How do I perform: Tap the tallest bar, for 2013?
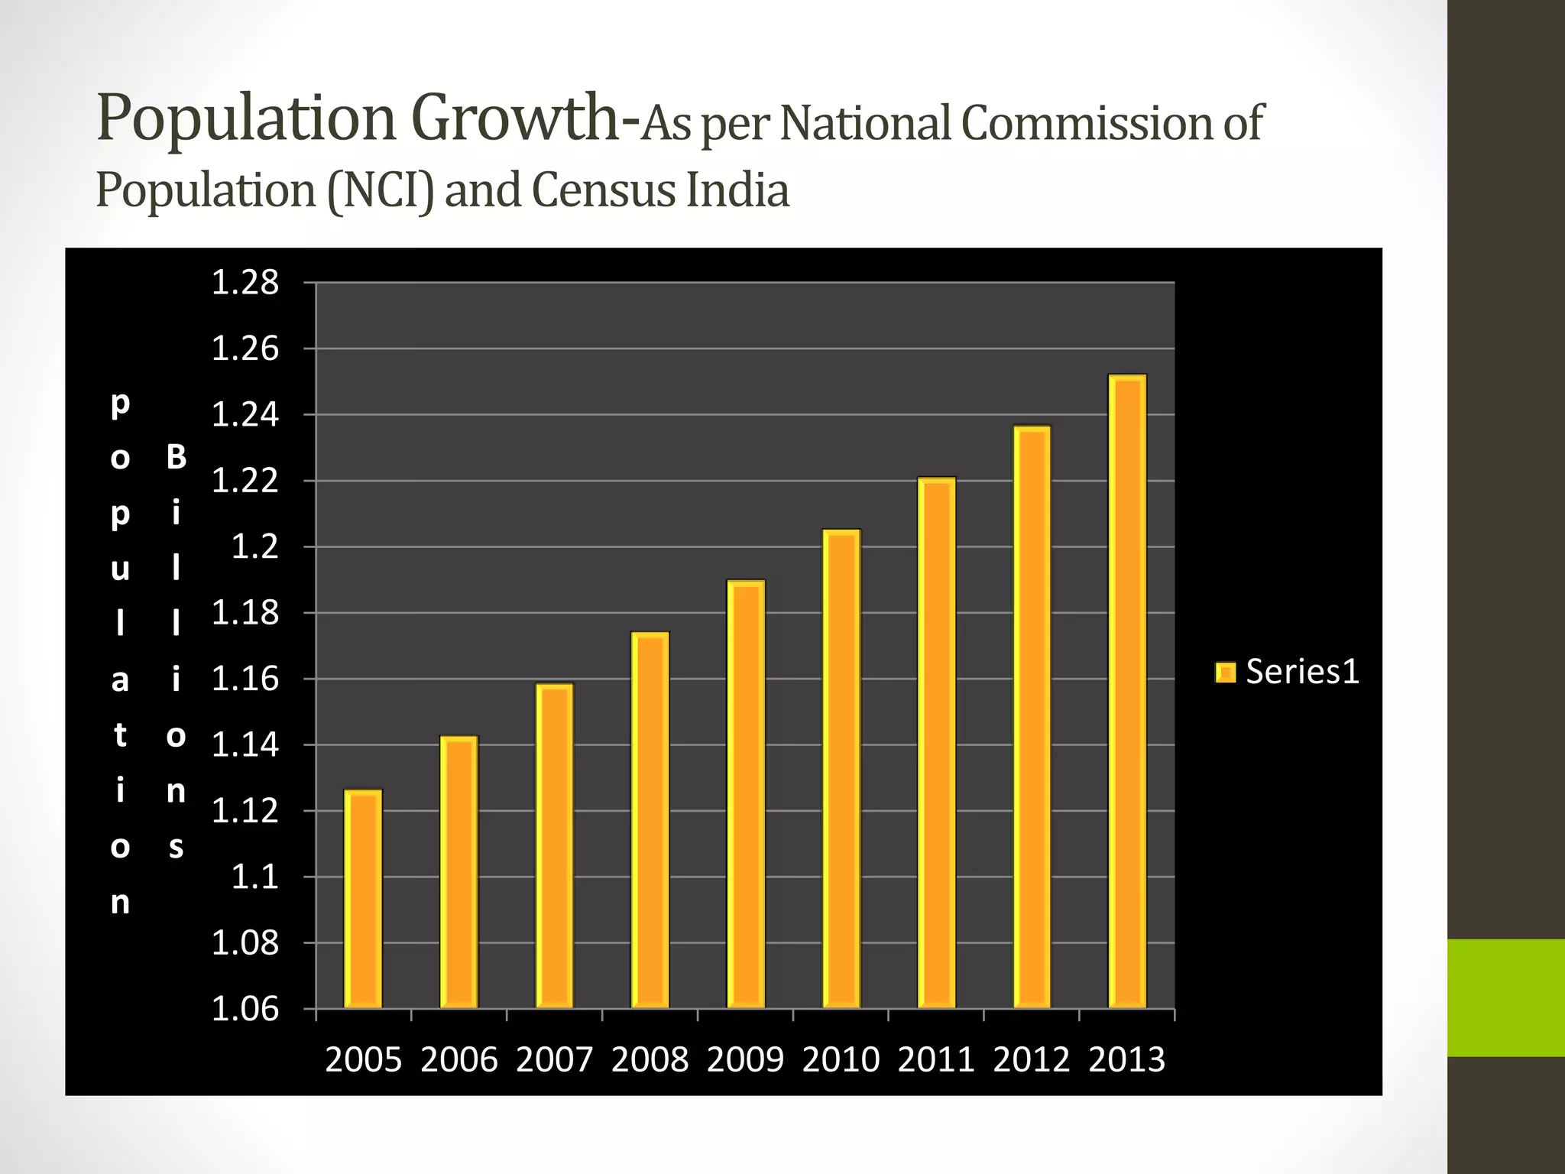click(x=1127, y=691)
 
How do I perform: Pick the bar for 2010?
click(x=841, y=768)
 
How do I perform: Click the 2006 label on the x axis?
click(x=458, y=1060)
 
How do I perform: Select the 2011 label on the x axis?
click(x=936, y=1060)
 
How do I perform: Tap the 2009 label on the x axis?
click(x=745, y=1060)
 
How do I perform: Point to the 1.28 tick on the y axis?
click(x=245, y=284)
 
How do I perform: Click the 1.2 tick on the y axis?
click(x=255, y=547)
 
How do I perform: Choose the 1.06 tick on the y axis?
click(x=245, y=1010)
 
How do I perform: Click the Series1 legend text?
click(x=1302, y=672)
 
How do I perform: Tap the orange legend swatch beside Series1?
click(x=1226, y=673)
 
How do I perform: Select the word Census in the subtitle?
click(x=604, y=190)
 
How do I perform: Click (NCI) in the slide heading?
click(x=381, y=190)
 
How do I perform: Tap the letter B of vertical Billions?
click(x=176, y=457)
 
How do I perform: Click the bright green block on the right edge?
click(x=1505, y=997)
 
